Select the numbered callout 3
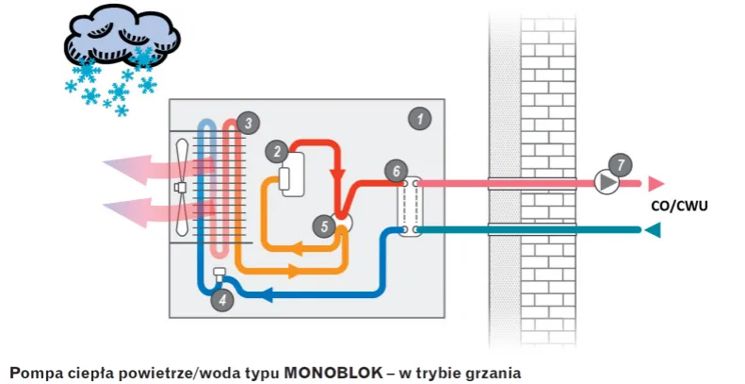coord(247,123)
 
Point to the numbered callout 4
coord(222,301)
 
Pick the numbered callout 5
coord(325,226)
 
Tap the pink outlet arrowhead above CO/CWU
coord(656,182)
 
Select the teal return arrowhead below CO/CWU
coord(651,229)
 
